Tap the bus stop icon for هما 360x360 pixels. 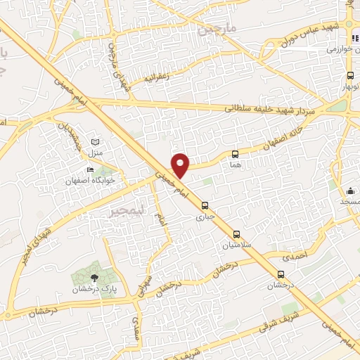235,154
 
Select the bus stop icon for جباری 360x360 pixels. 205,206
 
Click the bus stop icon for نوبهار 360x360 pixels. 350,76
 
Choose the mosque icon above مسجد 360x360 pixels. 349,190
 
